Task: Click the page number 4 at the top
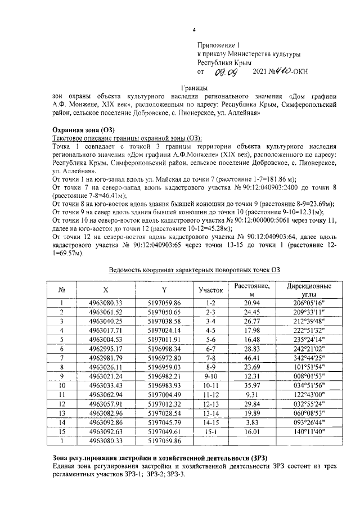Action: pyautogui.click(x=194, y=30)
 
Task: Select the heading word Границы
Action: pyautogui.click(x=194, y=88)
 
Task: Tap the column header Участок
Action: pyautogui.click(x=211, y=290)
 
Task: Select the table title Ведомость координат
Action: pyautogui.click(x=194, y=269)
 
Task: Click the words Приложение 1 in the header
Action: pyautogui.click(x=218, y=45)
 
